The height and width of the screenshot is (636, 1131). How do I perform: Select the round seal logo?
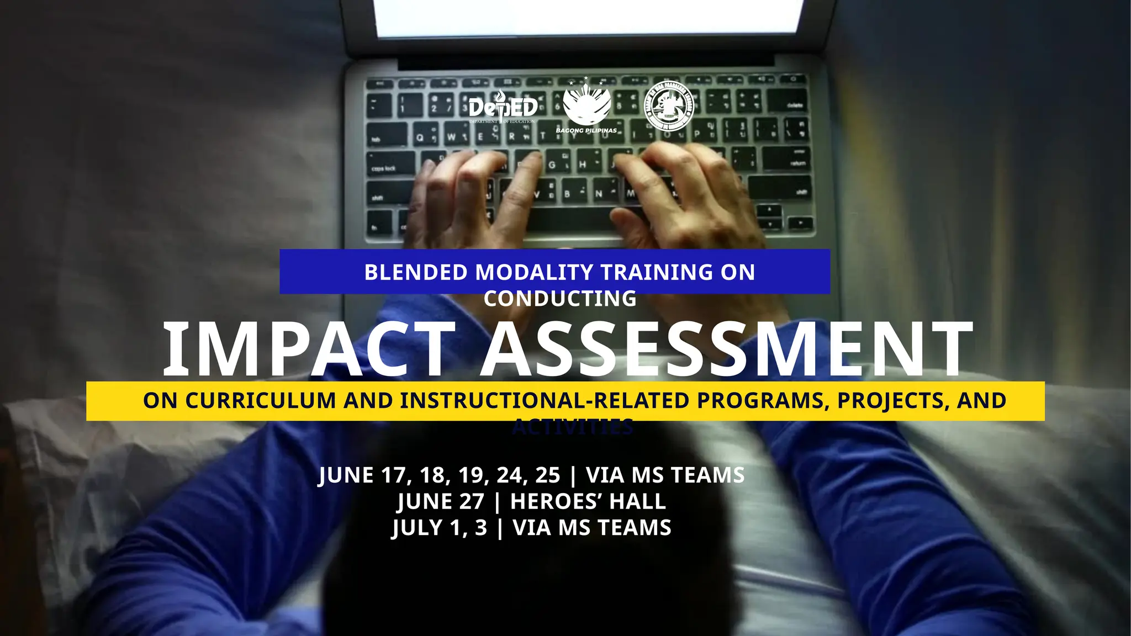(x=669, y=106)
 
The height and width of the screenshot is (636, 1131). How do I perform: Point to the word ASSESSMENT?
(x=727, y=350)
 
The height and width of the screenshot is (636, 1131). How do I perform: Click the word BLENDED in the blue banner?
(x=416, y=273)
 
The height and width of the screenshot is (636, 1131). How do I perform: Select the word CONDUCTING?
(x=560, y=299)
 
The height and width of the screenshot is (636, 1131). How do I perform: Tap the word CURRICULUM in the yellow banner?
(x=260, y=401)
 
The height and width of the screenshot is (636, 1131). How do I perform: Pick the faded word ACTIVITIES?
(x=573, y=427)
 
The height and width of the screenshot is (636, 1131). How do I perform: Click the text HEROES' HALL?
(x=588, y=501)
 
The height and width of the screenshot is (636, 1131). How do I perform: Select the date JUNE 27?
(x=440, y=501)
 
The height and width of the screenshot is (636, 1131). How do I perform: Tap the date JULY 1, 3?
(x=440, y=528)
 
